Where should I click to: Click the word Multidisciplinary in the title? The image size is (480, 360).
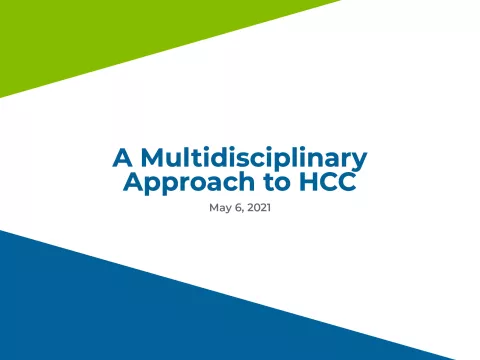pos(254,158)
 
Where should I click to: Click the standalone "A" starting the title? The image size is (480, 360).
pos(122,158)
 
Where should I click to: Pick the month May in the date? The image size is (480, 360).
pos(219,208)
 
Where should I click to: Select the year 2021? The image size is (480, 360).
pos(259,208)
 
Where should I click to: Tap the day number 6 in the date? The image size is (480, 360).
pos(237,208)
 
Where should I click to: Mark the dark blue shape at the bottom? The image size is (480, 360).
pos(150,310)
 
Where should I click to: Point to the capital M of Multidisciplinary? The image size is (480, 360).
pos(151,158)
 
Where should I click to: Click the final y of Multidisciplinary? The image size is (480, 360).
pos(361,160)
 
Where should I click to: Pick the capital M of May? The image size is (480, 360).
pos(213,208)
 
